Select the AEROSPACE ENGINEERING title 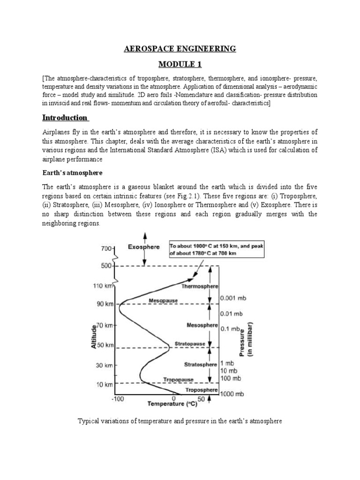(x=180, y=49)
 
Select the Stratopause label (x=190, y=344)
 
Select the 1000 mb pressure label (x=233, y=395)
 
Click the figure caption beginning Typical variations (x=180, y=421)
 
